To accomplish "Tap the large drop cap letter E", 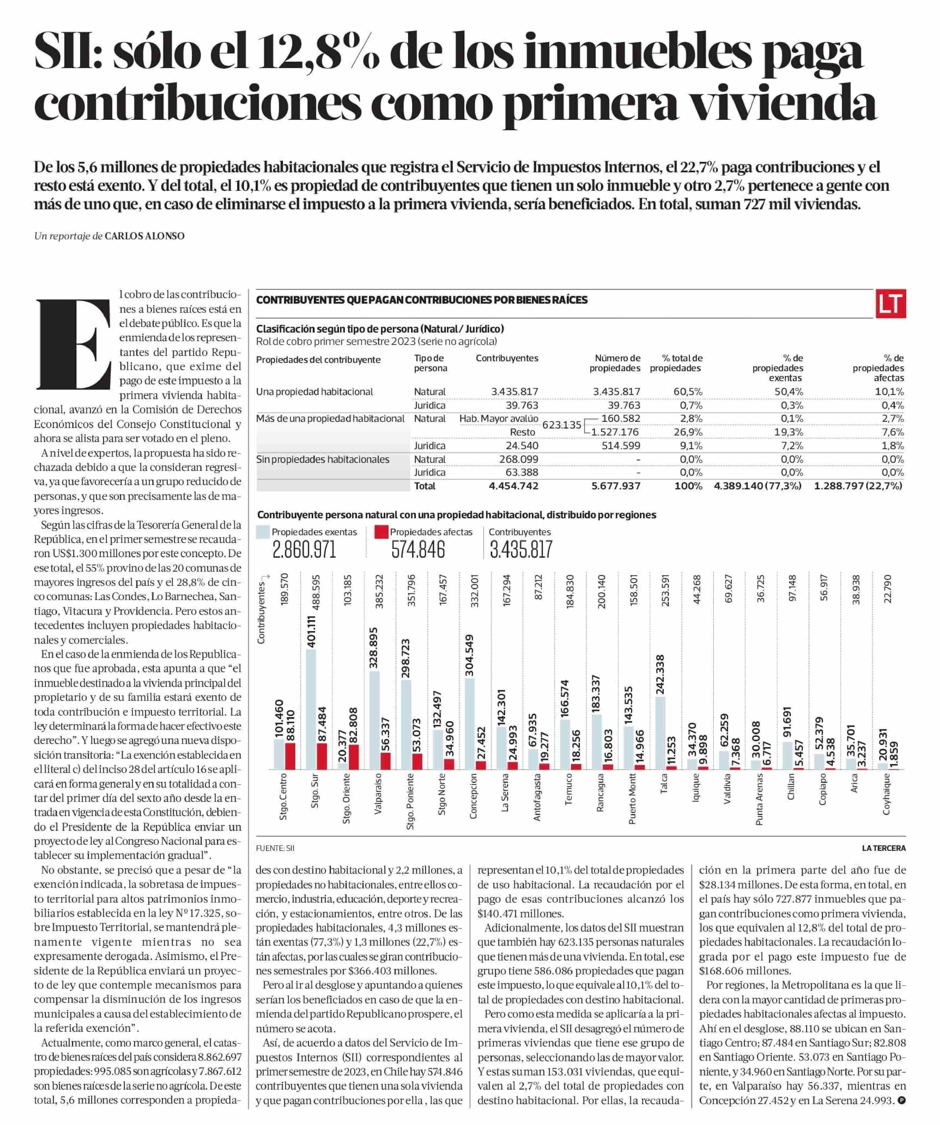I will pyautogui.click(x=73, y=343).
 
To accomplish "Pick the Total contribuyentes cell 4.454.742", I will pyautogui.click(x=514, y=486).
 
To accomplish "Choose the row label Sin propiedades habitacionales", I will pyautogui.click(x=322, y=459).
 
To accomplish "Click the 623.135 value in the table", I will pyautogui.click(x=562, y=425).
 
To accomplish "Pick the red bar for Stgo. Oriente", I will pyautogui.click(x=353, y=757).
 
